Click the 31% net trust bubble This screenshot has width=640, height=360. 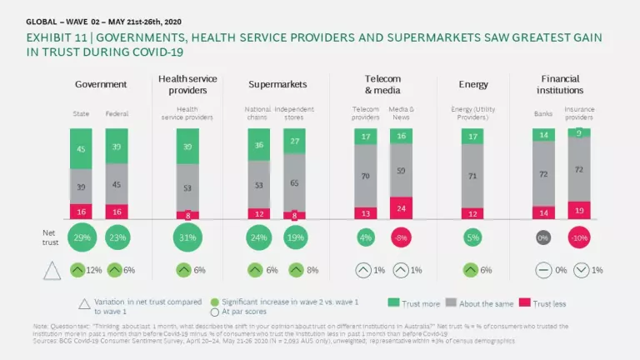(188, 237)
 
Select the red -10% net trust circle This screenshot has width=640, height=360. (577, 237)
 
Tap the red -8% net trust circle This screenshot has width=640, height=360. (402, 237)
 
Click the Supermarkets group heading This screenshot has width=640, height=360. (277, 84)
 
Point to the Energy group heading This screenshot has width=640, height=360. (473, 84)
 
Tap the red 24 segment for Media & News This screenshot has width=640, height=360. (402, 208)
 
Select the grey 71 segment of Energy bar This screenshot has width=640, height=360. (473, 177)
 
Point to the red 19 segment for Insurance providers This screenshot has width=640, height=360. (578, 211)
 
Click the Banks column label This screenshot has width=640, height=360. (543, 112)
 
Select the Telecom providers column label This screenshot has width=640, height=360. (365, 112)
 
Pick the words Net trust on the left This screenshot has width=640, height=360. (51, 237)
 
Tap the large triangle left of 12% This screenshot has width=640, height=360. (51, 270)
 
